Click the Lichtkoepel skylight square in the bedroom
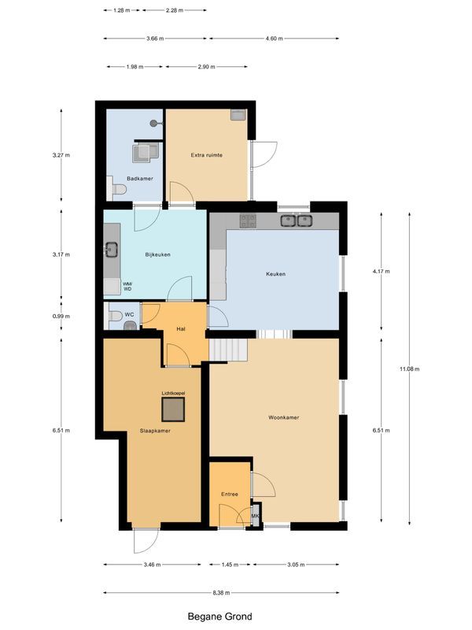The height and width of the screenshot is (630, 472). [x=173, y=409]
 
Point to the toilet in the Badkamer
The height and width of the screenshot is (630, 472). [x=117, y=189]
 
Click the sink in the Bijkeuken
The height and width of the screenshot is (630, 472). [x=111, y=250]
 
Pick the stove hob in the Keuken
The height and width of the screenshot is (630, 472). [x=249, y=221]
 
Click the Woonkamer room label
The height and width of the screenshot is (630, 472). [x=282, y=418]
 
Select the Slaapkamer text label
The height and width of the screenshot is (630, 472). [x=156, y=431]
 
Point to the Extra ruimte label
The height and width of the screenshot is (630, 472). [x=206, y=155]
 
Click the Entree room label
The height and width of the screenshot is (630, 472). [x=229, y=495]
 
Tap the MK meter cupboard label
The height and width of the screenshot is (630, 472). [x=255, y=517]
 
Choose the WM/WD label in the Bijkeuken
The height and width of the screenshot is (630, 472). [x=127, y=287]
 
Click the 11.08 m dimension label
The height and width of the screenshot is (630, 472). [x=409, y=369]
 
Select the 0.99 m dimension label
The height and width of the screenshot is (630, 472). [x=61, y=317]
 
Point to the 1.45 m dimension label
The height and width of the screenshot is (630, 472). [x=227, y=565]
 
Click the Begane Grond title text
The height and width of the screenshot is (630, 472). [x=219, y=617]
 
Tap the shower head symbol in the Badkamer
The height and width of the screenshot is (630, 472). [x=155, y=123]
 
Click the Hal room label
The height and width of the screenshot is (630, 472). [x=180, y=329]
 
